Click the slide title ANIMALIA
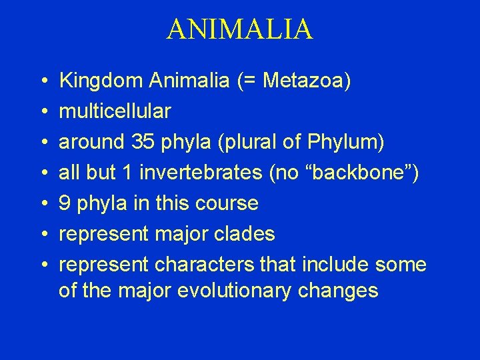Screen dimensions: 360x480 tap(239, 29)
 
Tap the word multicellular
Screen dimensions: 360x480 tap(115, 111)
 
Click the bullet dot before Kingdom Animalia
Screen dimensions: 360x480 tap(42, 81)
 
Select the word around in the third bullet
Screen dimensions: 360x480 tap(89, 142)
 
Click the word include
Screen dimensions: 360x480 tap(333, 265)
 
